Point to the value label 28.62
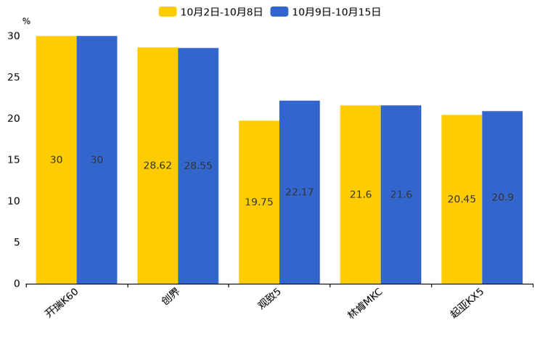tap(157, 165)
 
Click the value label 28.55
tap(198, 165)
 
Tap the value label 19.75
tap(259, 202)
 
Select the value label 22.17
tap(299, 192)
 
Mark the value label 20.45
tap(462, 199)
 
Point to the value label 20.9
tap(502, 197)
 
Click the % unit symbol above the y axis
tap(26, 22)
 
